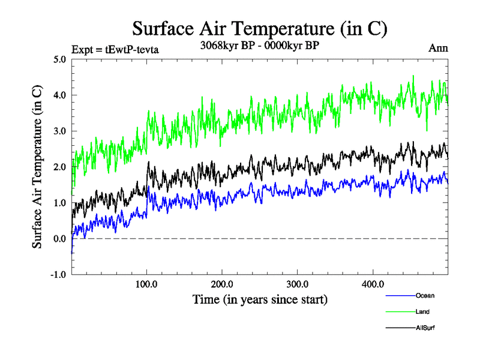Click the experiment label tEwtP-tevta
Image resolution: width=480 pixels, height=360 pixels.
pos(115,50)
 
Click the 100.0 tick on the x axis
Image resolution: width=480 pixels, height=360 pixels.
pos(147,284)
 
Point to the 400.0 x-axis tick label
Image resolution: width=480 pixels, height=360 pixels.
pos(373,284)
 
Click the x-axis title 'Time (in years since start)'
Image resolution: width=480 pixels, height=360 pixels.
pos(260,299)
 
